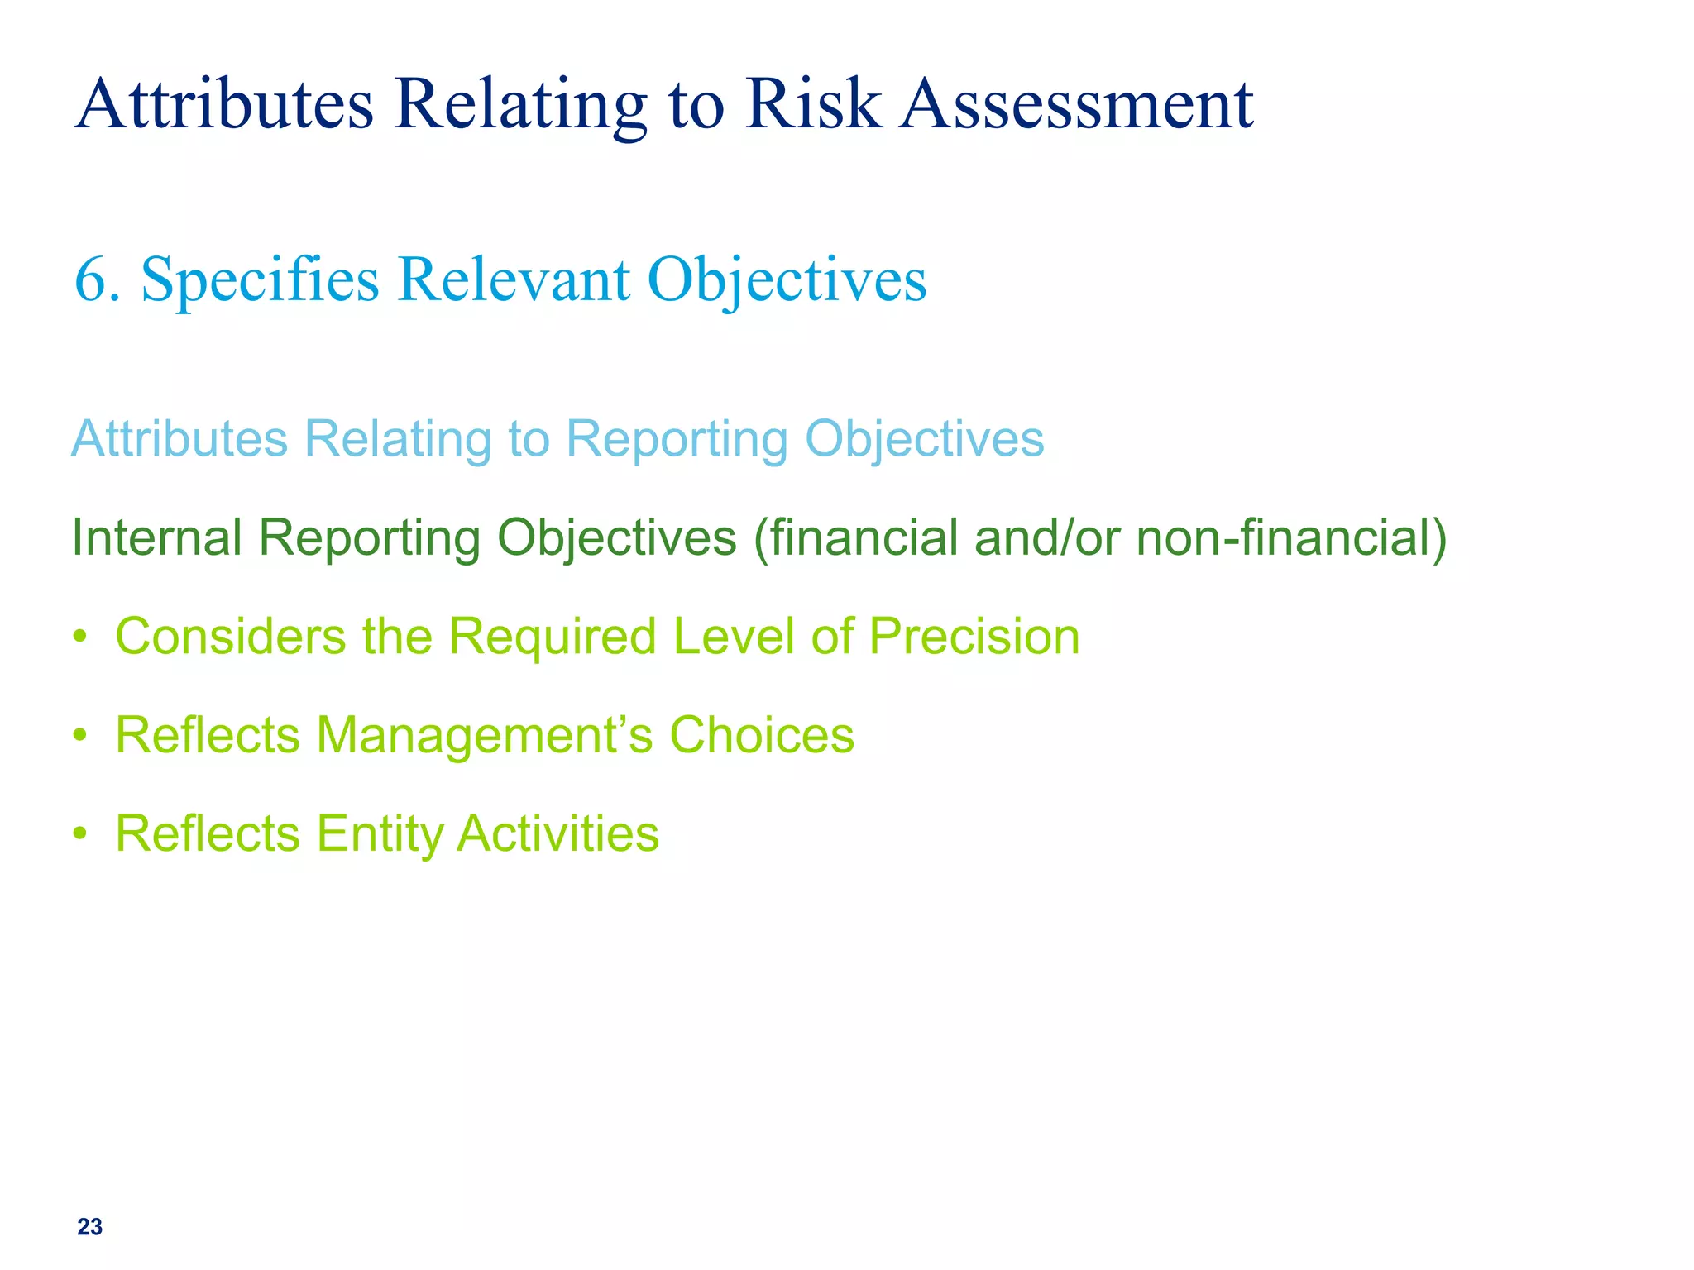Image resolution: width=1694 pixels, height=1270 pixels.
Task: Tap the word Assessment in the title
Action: point(1077,105)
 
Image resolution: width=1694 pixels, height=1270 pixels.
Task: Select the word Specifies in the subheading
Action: point(260,281)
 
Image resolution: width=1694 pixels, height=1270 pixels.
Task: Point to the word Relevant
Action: point(513,279)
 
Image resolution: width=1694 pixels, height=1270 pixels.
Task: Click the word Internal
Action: point(156,537)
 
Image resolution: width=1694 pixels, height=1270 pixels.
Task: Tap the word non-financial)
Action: point(1291,537)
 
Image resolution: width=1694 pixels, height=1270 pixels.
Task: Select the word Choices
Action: point(761,735)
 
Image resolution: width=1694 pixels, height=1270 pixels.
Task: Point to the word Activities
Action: point(558,833)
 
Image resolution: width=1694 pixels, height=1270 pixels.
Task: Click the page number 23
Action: point(89,1227)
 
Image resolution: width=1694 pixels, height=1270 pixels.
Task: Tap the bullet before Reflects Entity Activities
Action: point(79,833)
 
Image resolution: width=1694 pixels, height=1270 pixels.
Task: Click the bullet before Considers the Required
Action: point(79,637)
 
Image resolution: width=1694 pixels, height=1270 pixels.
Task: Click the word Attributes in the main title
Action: point(224,105)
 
